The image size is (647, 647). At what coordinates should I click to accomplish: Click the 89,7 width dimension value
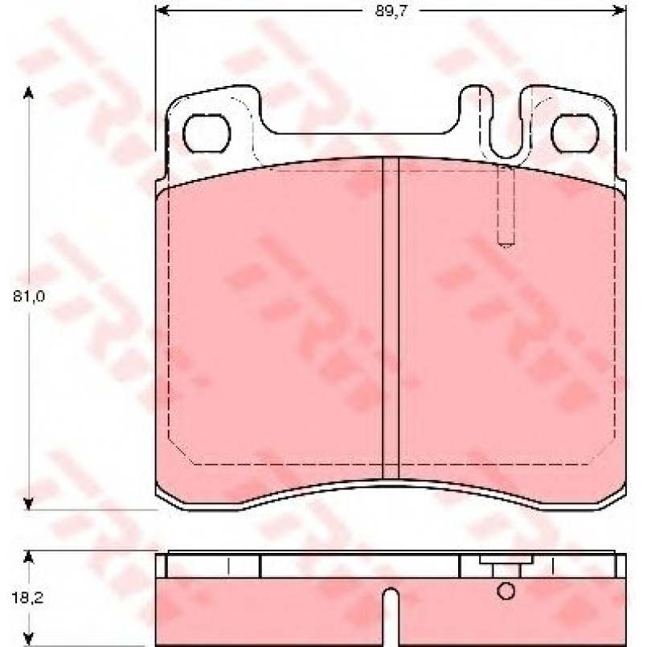[x=391, y=11]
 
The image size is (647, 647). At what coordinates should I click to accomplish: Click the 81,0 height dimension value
[x=28, y=296]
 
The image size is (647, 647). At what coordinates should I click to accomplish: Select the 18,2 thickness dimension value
[x=27, y=598]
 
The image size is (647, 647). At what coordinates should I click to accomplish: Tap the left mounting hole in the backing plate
[x=206, y=134]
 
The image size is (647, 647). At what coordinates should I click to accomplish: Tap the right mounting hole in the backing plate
[x=575, y=134]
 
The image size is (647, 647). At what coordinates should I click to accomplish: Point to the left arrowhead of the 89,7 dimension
[x=162, y=10]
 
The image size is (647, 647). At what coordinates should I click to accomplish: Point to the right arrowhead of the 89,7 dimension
[x=620, y=10]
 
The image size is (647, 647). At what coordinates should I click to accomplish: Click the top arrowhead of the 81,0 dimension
[x=28, y=92]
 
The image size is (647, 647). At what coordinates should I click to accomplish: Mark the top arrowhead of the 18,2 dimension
[x=28, y=557]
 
